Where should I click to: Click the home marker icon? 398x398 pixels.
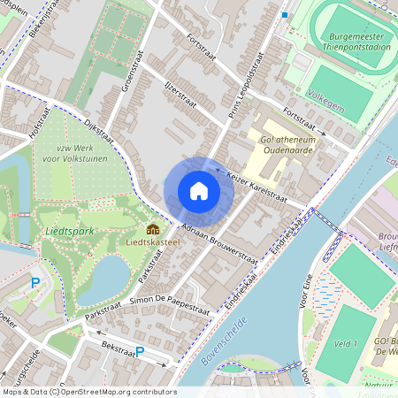coord(199,191)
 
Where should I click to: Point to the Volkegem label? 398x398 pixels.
coord(325,92)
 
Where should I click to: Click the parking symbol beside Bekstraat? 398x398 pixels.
coord(139,352)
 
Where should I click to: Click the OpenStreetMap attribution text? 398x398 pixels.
coord(88,392)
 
